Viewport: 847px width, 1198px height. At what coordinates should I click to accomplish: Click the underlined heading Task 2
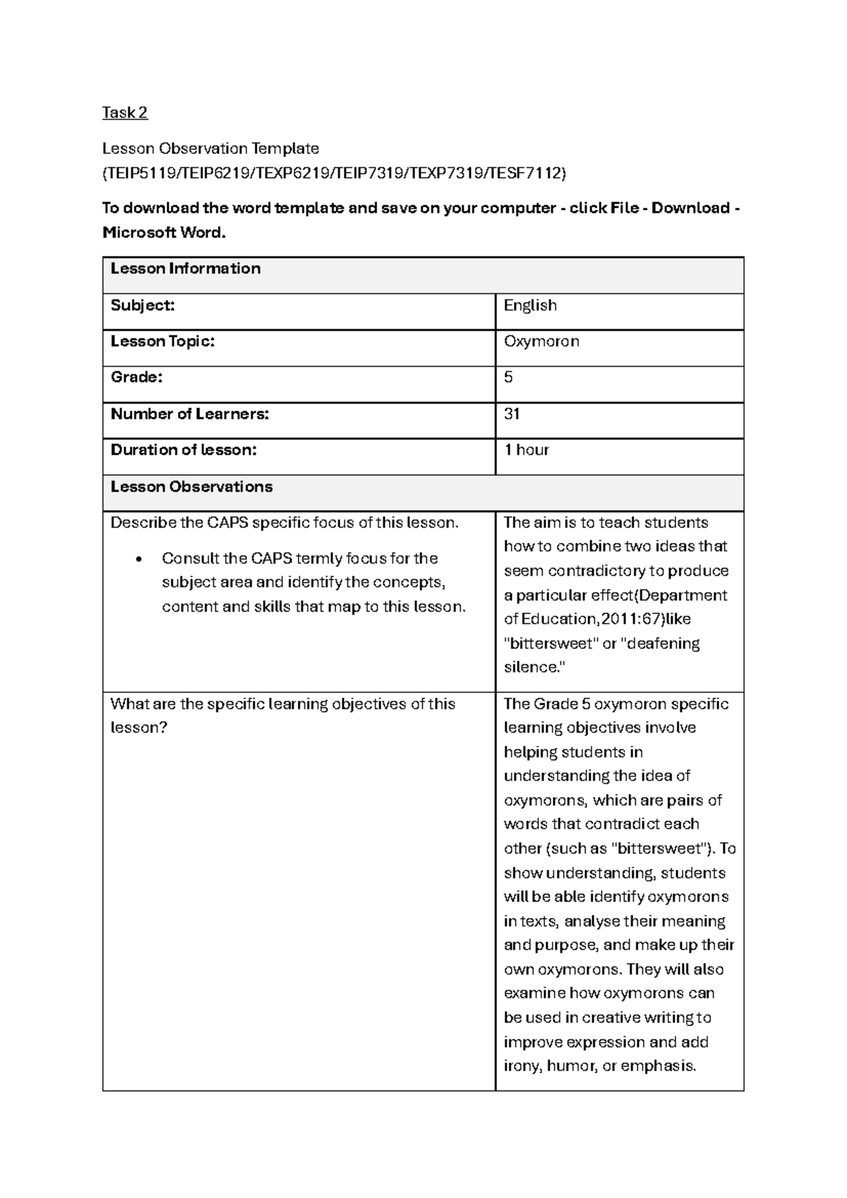[x=125, y=112]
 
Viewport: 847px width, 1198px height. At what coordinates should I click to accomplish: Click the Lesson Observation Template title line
[x=210, y=148]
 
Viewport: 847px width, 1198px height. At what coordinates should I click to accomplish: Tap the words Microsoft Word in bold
[x=163, y=232]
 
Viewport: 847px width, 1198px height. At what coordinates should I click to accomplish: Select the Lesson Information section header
[x=186, y=268]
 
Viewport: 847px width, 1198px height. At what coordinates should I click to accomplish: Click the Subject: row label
[x=143, y=305]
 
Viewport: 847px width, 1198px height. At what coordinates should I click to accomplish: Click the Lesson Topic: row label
[x=162, y=341]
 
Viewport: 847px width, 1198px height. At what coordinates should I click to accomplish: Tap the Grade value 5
[x=508, y=377]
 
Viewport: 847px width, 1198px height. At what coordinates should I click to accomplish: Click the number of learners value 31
[x=512, y=414]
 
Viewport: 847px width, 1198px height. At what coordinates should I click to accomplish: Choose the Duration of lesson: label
[x=184, y=450]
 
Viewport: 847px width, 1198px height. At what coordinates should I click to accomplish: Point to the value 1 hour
[x=526, y=450]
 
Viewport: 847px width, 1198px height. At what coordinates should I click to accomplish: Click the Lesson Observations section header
[x=191, y=487]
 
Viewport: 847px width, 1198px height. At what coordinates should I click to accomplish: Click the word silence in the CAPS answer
[x=531, y=668]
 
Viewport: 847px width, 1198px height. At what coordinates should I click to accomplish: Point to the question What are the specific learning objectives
[x=282, y=704]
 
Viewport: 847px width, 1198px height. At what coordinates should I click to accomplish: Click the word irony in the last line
[x=522, y=1066]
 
